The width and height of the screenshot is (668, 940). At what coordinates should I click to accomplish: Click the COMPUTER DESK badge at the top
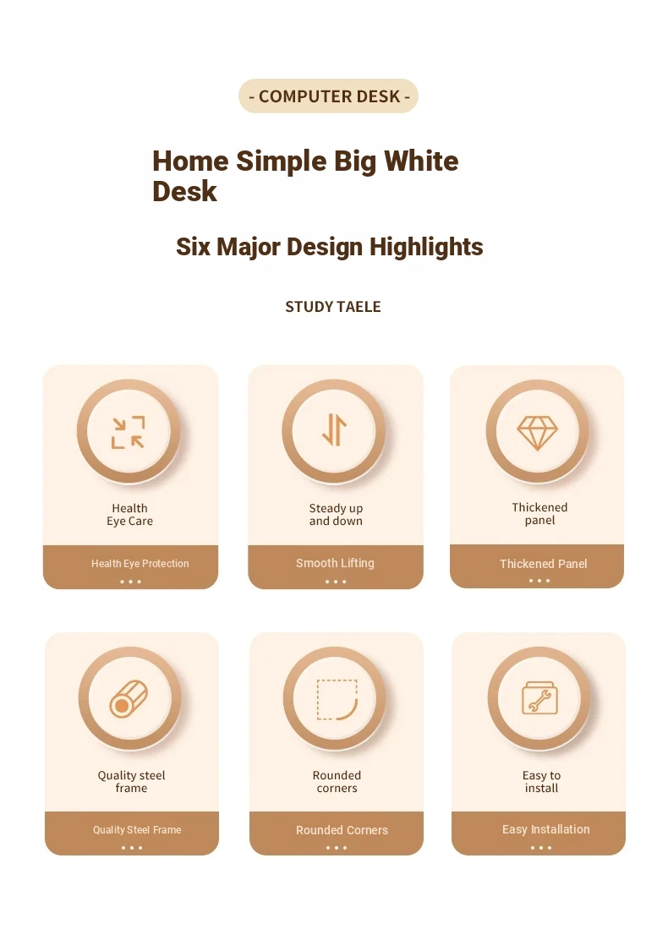tap(328, 96)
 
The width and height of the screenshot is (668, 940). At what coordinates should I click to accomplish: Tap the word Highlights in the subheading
tap(426, 247)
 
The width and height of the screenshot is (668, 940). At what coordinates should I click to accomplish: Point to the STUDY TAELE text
tap(333, 307)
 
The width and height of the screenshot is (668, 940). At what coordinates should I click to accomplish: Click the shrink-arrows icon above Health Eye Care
tap(129, 432)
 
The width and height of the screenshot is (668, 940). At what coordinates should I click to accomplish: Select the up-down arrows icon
tap(334, 429)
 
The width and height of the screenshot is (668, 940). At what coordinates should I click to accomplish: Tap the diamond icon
tap(537, 433)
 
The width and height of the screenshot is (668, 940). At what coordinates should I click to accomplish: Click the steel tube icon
tap(129, 699)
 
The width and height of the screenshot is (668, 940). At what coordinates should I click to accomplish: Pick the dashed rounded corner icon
tap(337, 700)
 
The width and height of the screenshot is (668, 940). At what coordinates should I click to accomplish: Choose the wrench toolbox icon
tap(539, 697)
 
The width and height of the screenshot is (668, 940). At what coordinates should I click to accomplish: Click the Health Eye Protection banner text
tap(140, 564)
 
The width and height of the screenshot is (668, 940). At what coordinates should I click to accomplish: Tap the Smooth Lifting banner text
tap(335, 563)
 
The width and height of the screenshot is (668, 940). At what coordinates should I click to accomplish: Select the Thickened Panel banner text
tap(543, 564)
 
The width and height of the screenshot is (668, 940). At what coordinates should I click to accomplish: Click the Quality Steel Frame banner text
tap(137, 830)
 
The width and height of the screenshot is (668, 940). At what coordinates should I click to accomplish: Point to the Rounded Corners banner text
tap(342, 830)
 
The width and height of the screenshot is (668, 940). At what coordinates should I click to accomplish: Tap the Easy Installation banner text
tap(545, 829)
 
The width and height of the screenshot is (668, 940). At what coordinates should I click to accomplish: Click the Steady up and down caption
tap(336, 514)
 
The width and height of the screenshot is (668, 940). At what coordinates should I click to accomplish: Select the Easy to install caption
tap(541, 782)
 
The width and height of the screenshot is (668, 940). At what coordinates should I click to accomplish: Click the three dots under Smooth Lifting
tap(336, 582)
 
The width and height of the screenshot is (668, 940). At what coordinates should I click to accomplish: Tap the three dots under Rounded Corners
tap(337, 848)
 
